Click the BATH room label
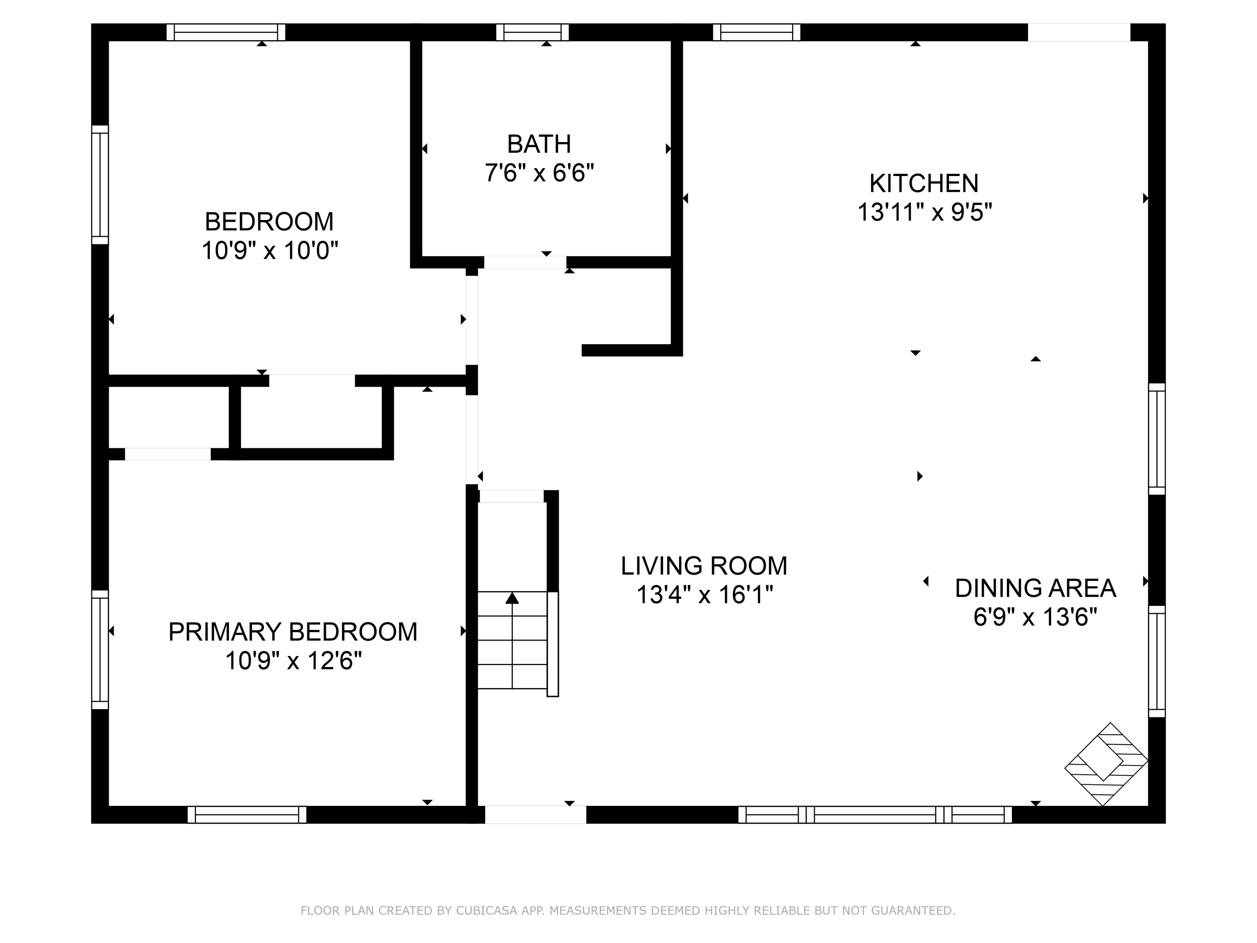tap(539, 144)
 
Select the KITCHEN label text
tap(924, 184)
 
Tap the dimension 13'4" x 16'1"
tap(705, 595)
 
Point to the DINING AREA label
tap(1035, 588)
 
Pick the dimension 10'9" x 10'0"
tap(270, 250)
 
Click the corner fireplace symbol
tap(1106, 764)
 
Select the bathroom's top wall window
tap(533, 32)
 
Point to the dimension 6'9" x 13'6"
tap(1035, 617)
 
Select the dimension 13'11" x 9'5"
tap(924, 212)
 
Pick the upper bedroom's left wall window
tap(100, 185)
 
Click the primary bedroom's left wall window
tap(100, 650)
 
